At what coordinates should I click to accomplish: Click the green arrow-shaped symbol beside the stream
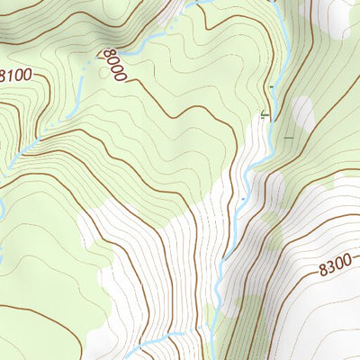(x=264, y=114)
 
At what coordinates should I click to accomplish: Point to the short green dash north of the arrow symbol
(x=270, y=86)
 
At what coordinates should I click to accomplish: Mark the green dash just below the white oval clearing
(x=288, y=138)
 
